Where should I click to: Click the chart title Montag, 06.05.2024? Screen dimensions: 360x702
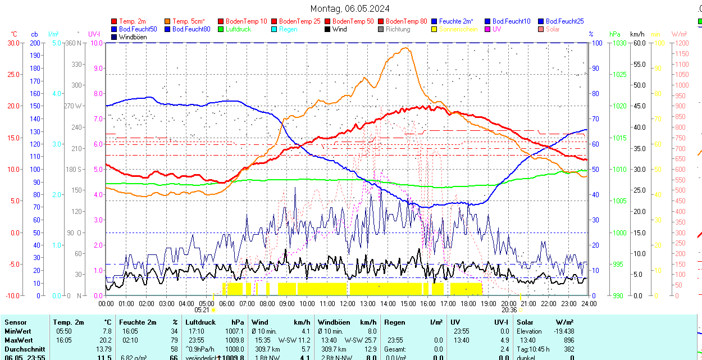point(350,8)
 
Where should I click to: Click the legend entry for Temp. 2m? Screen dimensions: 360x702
point(133,21)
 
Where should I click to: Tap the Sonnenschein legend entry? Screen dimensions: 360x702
point(458,29)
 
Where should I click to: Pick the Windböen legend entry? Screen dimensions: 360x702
point(133,37)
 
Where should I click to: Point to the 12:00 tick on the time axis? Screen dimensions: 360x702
point(347,303)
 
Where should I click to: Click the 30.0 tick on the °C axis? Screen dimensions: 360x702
point(13,43)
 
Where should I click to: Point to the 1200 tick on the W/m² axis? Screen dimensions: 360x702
point(681,43)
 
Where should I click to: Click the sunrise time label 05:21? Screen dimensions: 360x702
point(202,309)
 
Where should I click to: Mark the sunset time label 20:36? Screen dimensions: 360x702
point(509,309)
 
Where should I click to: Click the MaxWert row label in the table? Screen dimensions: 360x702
point(19,340)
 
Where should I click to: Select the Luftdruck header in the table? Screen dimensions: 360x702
point(200,322)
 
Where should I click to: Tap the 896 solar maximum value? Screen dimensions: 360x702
point(568,340)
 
